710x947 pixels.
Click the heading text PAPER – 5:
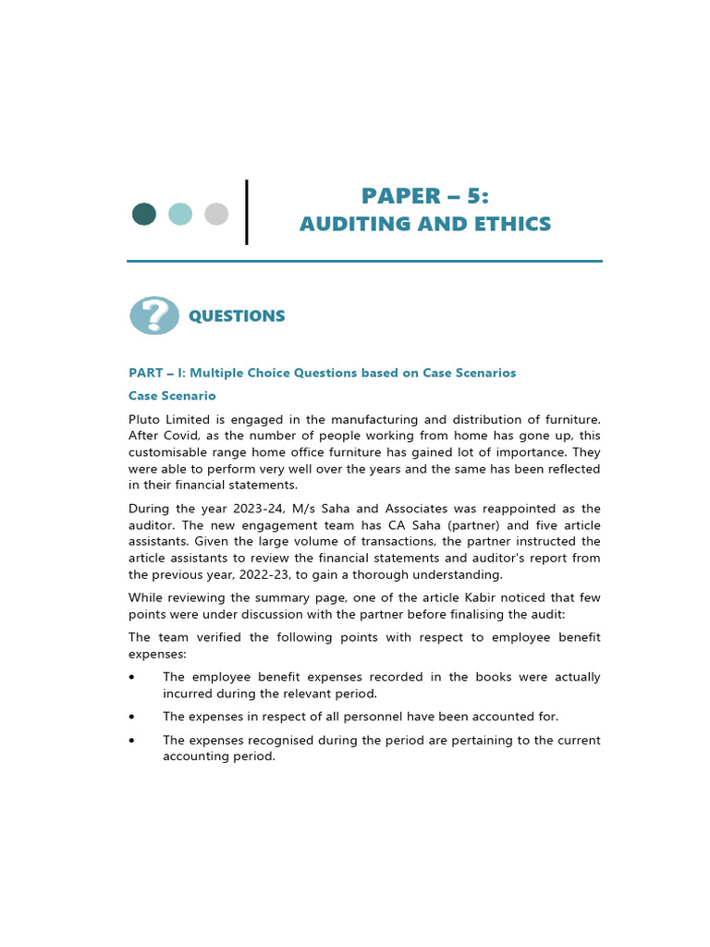[424, 196]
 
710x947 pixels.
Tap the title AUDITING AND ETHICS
[424, 224]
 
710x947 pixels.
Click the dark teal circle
[144, 215]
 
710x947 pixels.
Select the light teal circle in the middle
[180, 215]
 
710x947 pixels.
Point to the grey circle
[216, 215]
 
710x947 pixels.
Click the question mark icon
[154, 315]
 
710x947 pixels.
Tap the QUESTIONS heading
[237, 316]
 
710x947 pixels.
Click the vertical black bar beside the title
[246, 213]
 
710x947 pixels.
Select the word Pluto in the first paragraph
[144, 419]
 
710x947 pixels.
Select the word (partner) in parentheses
[462, 525]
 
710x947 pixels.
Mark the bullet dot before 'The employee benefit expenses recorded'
[133, 678]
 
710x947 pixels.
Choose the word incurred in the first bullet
[189, 694]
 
